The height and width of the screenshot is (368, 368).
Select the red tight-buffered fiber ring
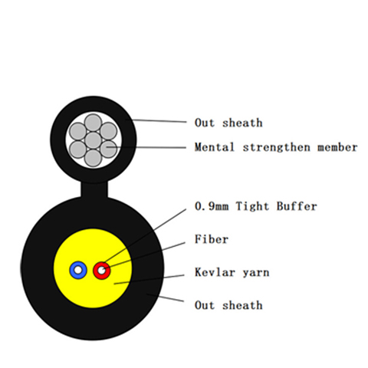(x=97, y=271)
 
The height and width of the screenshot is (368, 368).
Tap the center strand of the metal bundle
(x=94, y=140)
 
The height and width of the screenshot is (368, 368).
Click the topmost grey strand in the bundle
(x=94, y=123)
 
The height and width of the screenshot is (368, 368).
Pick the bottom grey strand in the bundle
(x=94, y=158)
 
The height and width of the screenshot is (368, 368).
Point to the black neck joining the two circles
(x=94, y=189)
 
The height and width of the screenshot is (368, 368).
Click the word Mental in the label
(x=214, y=147)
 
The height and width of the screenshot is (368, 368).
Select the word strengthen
(x=277, y=147)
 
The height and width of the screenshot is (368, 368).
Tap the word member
(x=337, y=147)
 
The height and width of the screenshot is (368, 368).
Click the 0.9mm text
(x=212, y=206)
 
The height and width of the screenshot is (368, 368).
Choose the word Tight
(x=252, y=206)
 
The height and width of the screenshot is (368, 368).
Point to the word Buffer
(x=297, y=206)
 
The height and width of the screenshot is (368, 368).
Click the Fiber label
(x=212, y=239)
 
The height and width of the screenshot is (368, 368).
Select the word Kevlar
(x=215, y=272)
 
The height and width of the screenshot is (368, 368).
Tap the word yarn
(x=256, y=273)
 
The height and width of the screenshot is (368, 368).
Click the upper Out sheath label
(x=228, y=123)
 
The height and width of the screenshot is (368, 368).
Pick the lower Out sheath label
(x=228, y=305)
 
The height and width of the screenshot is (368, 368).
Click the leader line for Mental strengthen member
(x=146, y=147)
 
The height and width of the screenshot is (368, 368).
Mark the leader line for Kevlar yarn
(x=149, y=279)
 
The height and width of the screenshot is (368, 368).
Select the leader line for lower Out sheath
(x=165, y=297)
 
